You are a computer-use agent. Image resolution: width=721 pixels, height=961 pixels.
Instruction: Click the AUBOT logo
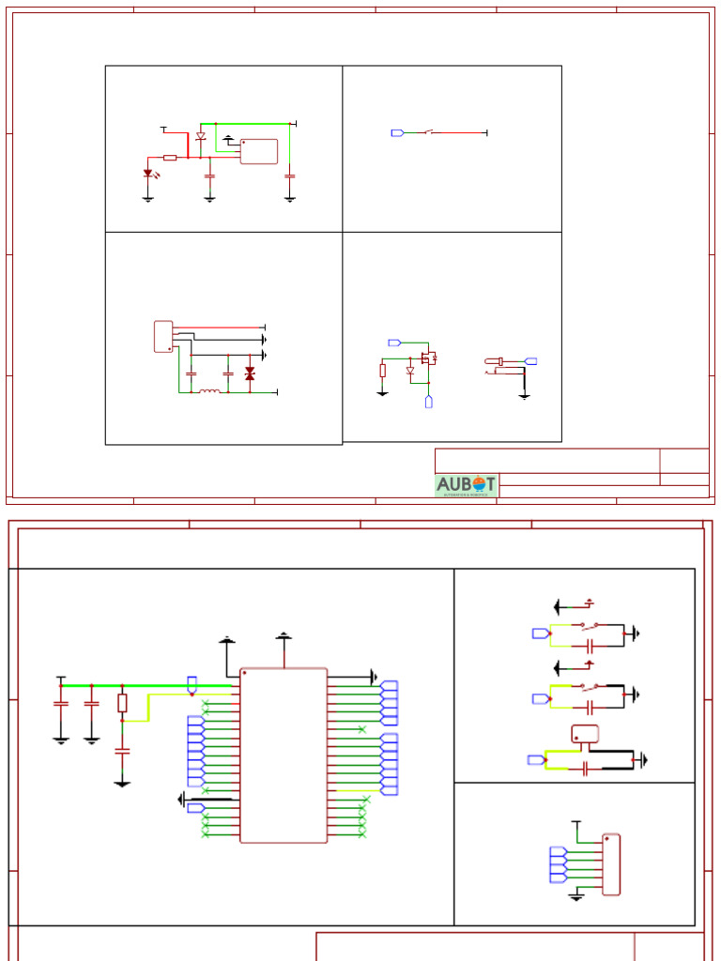pos(466,485)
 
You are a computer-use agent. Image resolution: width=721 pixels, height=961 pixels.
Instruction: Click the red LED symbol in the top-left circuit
pos(148,174)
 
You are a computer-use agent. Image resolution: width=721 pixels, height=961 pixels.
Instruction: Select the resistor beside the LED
pos(170,158)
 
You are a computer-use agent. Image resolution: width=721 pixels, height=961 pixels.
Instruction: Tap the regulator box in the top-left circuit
pos(259,151)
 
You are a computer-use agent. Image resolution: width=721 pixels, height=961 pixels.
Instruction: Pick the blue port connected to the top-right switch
pos(397,133)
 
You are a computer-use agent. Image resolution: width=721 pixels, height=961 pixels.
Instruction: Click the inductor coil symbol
pos(209,391)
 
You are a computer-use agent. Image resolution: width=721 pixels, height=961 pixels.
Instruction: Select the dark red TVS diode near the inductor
pos(250,374)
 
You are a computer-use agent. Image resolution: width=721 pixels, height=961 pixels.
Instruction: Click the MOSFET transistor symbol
pos(429,358)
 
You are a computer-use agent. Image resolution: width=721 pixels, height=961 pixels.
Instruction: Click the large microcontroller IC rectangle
pos(284,755)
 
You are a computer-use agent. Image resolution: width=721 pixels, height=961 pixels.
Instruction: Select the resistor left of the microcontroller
pos(122,703)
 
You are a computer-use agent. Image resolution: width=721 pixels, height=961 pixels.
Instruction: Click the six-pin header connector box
pos(611,864)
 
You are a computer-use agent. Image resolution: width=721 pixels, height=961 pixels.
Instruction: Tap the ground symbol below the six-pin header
pos(577,897)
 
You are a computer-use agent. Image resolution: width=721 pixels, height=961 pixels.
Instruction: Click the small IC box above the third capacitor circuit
pos(585,735)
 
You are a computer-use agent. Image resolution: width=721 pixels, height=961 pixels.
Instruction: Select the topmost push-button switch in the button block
pos(590,625)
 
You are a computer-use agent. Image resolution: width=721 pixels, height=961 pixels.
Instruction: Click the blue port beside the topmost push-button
pos(540,633)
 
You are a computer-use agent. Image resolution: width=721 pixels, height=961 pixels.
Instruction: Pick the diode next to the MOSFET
pos(410,371)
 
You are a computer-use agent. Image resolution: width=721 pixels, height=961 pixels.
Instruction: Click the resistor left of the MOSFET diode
pos(383,371)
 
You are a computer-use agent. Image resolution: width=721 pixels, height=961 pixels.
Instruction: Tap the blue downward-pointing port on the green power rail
pos(192,684)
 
